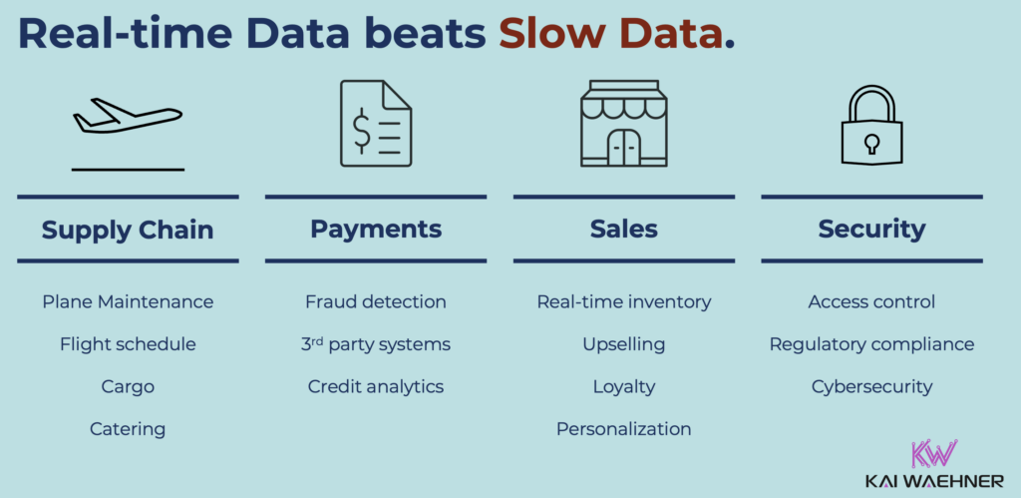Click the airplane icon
127,117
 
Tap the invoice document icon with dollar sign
376,123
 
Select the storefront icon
623,123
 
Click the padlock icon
871,127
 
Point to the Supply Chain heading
128,230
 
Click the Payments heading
376,230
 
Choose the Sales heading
624,230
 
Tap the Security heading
871,230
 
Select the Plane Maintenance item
128,301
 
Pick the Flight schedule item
128,344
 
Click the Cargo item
128,386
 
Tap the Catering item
128,429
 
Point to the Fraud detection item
376,301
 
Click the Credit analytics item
376,386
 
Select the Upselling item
624,344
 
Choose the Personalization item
624,429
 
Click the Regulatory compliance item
871,344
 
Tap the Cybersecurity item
871,386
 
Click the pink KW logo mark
935,455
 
